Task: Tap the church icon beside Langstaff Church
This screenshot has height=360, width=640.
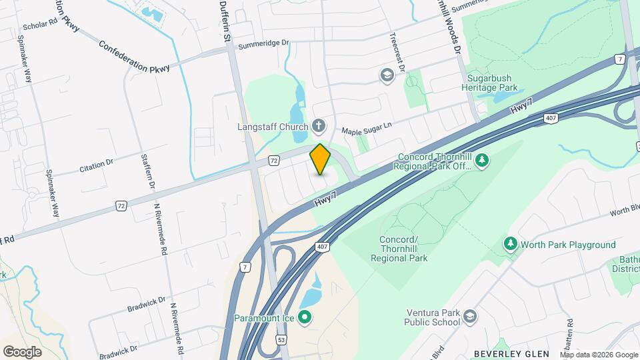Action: (319, 126)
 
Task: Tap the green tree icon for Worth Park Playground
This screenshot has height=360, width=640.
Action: (511, 245)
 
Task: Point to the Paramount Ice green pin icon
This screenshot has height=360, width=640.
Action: (305, 317)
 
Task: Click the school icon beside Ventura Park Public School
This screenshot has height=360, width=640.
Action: (470, 316)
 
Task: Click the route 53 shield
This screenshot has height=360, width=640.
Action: (281, 341)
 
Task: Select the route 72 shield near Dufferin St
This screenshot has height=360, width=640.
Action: (274, 160)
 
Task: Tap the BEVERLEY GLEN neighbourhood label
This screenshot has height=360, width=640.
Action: (511, 354)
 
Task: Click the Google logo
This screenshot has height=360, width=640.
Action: (22, 351)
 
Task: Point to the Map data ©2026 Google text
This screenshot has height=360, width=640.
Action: (598, 355)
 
